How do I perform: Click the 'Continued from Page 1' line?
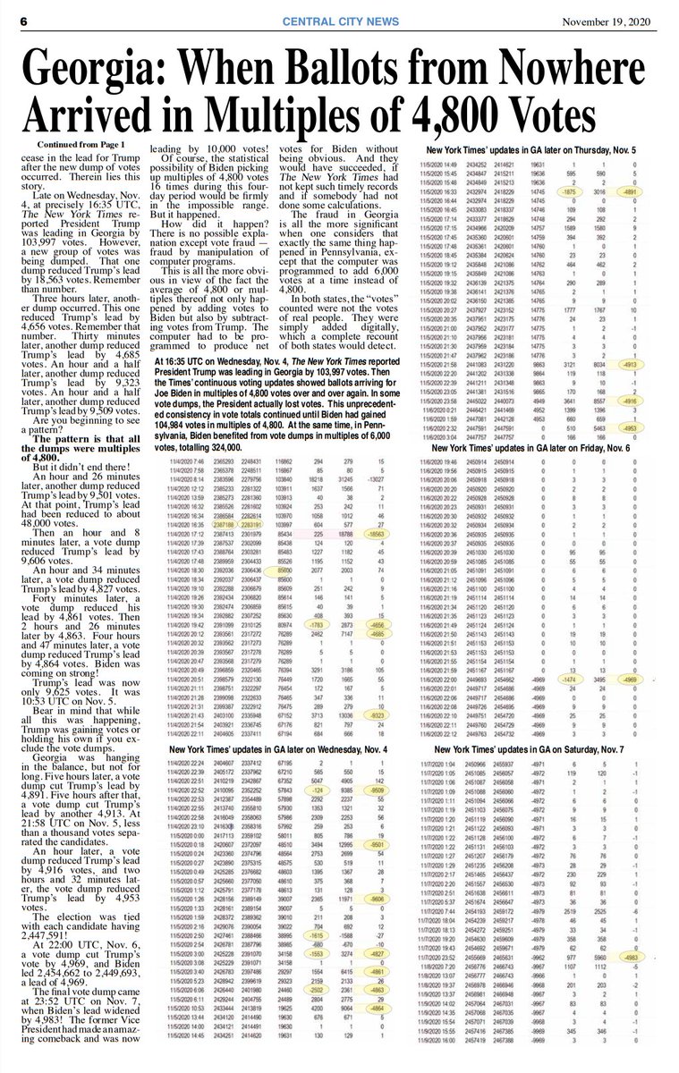84,144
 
